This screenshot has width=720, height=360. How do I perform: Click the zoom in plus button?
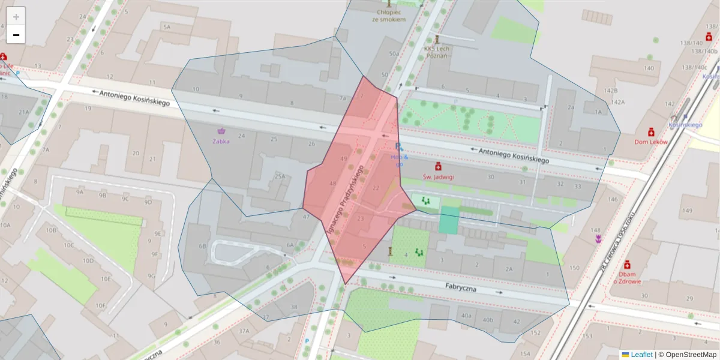point(16,17)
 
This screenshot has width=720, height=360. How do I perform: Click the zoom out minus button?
point(16,35)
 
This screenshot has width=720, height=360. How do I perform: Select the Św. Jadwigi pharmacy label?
point(439,176)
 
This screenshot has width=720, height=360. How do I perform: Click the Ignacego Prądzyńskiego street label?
point(346,199)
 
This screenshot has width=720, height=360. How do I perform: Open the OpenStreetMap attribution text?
point(688,355)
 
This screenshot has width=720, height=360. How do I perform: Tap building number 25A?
point(280,176)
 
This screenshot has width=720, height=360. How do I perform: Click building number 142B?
point(611,90)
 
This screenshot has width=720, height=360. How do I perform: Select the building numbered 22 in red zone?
point(376,188)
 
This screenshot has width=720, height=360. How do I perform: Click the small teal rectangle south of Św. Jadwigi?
point(448,220)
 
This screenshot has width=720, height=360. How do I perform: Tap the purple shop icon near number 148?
point(598,239)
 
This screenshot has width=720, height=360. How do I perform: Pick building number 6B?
point(203,246)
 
